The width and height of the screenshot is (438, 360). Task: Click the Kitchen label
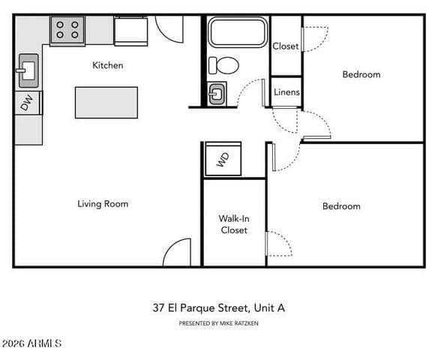coord(107,65)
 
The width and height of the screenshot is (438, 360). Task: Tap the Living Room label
coord(103,204)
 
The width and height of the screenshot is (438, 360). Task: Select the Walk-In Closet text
coord(234,224)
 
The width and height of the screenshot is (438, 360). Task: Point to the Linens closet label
coord(286,92)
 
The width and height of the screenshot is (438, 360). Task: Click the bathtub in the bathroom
coord(238,31)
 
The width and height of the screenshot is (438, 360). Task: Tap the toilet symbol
coord(224,66)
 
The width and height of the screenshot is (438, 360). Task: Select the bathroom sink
coord(217,94)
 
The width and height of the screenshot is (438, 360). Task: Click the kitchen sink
coord(28,70)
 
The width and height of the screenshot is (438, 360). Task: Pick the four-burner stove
coord(67,30)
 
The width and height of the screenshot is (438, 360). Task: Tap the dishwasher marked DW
coord(28,103)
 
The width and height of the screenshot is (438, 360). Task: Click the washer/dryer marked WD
coord(223,160)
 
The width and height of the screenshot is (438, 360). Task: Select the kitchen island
coord(106,103)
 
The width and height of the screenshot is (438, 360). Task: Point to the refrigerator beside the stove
coord(130,31)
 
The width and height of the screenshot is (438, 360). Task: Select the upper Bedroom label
coord(361,74)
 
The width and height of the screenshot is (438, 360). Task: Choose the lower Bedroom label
coord(341,206)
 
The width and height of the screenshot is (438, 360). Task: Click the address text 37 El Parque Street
coord(200,308)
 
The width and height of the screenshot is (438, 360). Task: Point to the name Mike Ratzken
coord(238,323)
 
